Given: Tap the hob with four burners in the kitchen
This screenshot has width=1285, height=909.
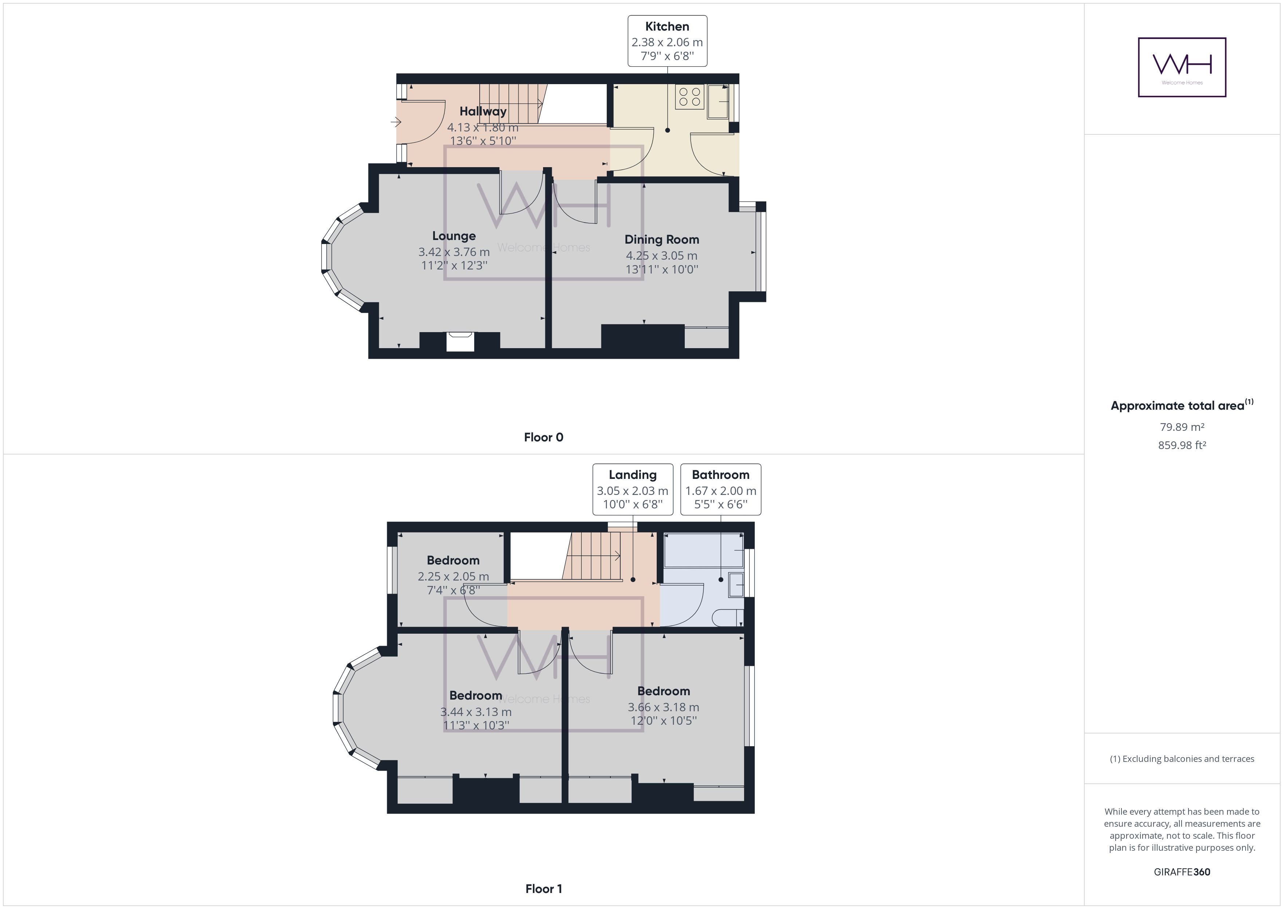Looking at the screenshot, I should click(x=689, y=97).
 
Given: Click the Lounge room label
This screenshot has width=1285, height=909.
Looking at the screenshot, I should click(x=454, y=236).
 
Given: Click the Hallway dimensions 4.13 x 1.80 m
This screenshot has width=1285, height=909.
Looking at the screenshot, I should click(x=483, y=127).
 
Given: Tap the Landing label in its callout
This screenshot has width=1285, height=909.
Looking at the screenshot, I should click(x=632, y=475).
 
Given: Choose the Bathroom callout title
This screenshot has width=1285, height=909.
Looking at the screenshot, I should click(x=720, y=475).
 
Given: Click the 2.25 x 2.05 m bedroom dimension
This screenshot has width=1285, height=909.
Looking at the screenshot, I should click(x=453, y=577).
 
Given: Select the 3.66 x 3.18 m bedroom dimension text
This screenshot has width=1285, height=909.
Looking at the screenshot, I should click(x=663, y=707).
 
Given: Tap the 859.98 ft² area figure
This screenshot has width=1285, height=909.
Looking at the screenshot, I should click(x=1182, y=445).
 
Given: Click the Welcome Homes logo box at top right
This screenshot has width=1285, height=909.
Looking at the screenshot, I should click(x=1182, y=67).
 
